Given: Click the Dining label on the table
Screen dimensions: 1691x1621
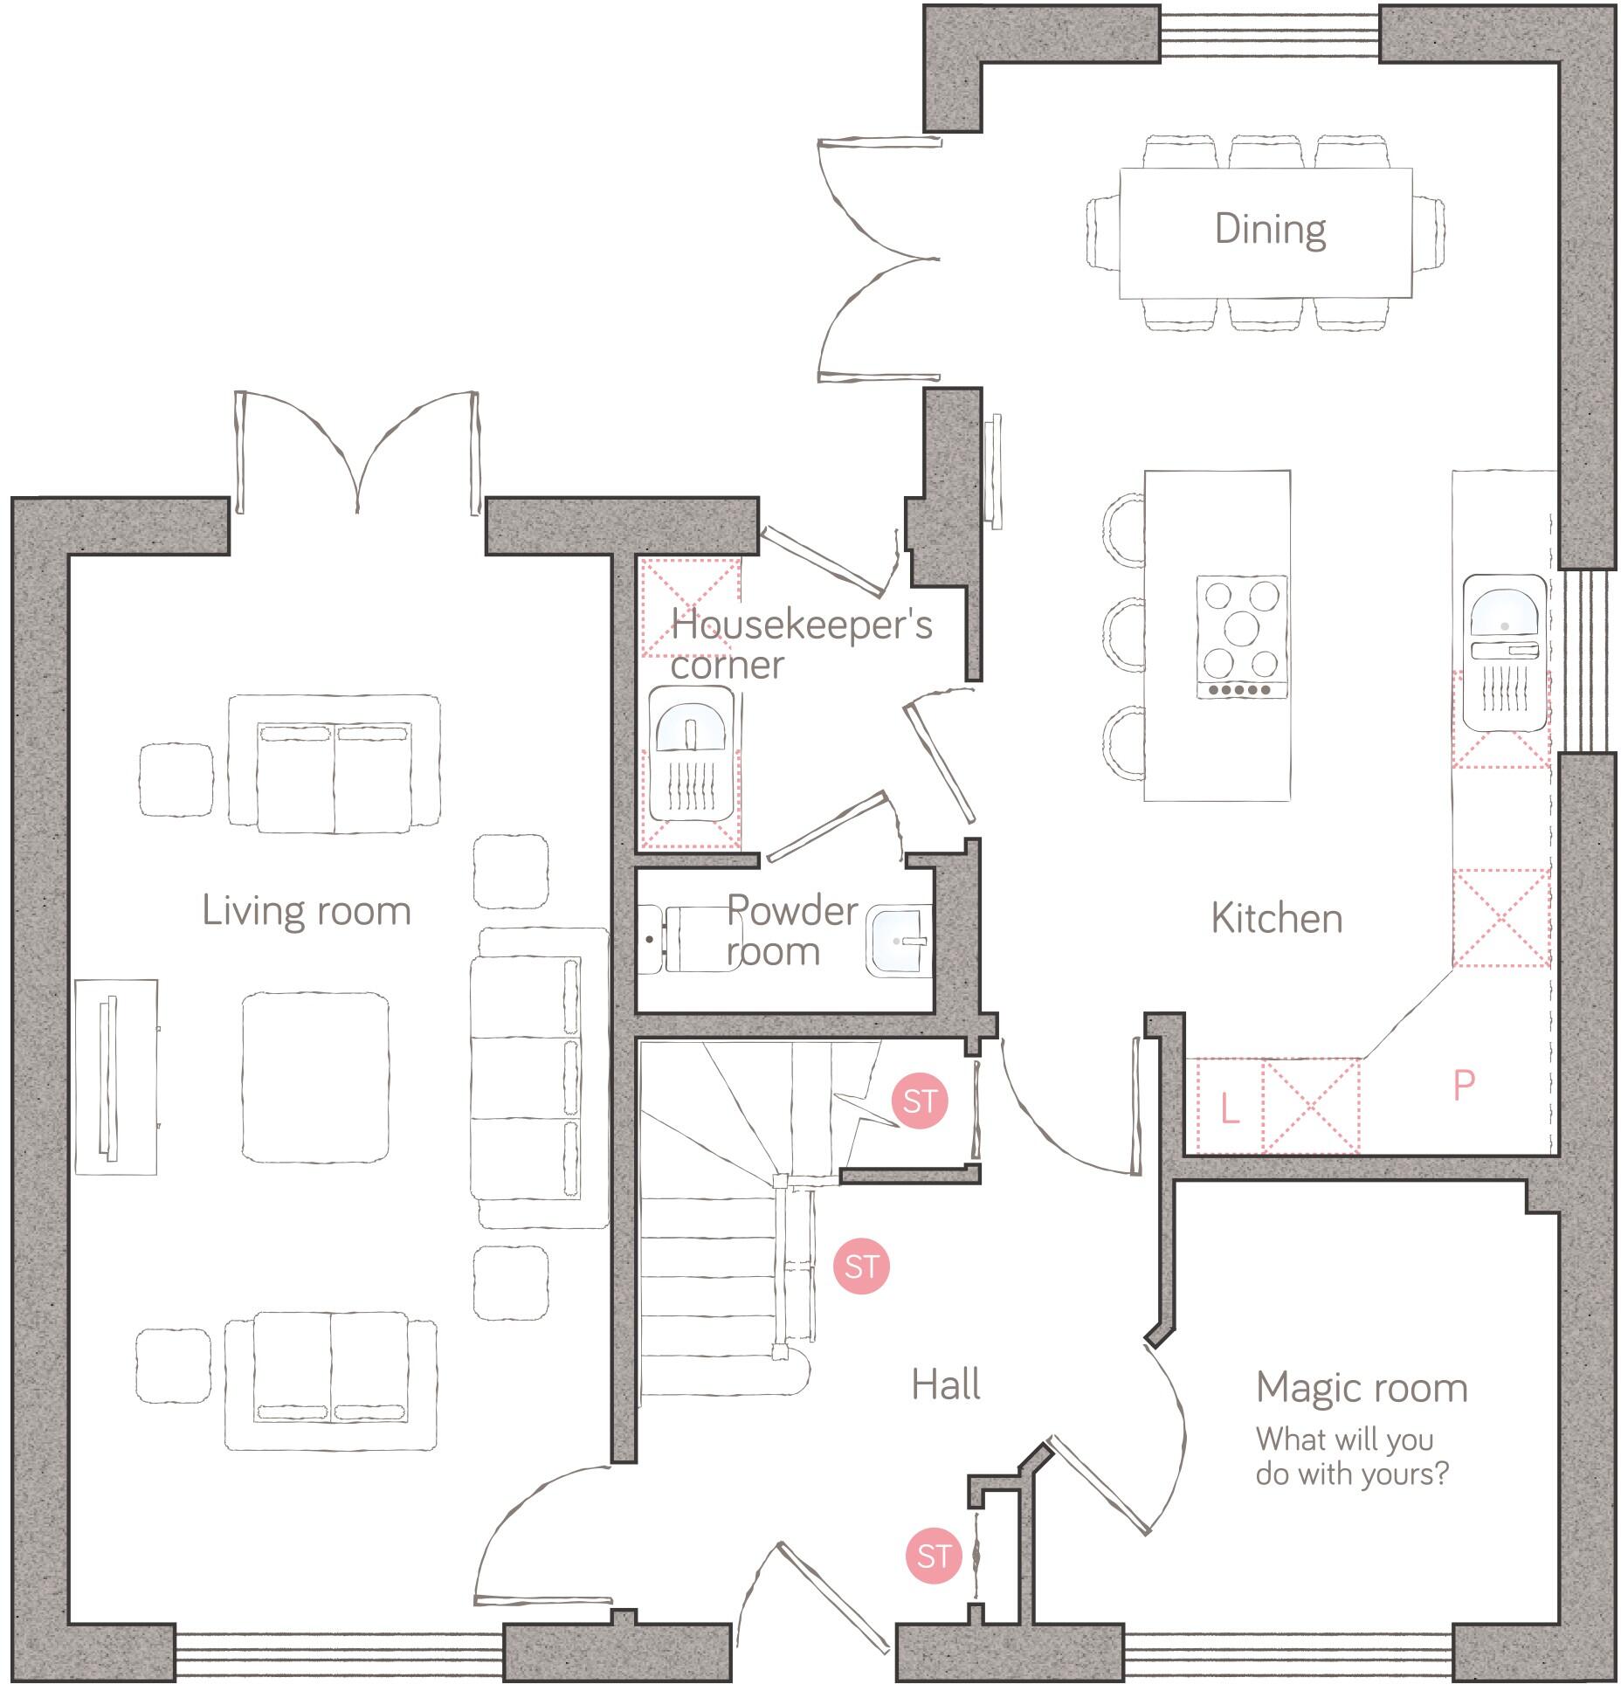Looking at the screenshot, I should pyautogui.click(x=1270, y=230).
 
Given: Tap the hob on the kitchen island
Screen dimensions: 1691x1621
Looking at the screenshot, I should pyautogui.click(x=1242, y=636).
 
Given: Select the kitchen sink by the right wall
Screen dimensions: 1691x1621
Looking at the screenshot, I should pyautogui.click(x=1504, y=651).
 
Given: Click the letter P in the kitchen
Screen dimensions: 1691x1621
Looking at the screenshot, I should pyautogui.click(x=1464, y=1086).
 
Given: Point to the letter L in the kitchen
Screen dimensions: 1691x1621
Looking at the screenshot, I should pyautogui.click(x=1229, y=1109).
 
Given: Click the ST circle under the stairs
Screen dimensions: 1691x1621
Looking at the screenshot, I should pyautogui.click(x=920, y=1101).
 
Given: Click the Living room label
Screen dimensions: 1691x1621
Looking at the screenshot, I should pyautogui.click(x=307, y=911).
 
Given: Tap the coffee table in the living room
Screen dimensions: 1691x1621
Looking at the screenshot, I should pyautogui.click(x=315, y=1076).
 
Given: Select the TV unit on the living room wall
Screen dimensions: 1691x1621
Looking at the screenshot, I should pyautogui.click(x=114, y=1076).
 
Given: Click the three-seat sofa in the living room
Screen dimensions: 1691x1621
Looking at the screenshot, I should pyautogui.click(x=537, y=1078).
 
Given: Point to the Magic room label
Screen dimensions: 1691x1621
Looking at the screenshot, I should pyautogui.click(x=1361, y=1388).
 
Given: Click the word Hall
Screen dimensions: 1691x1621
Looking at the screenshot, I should pyautogui.click(x=946, y=1385).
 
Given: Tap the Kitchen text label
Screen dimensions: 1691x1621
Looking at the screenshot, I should pyautogui.click(x=1276, y=919).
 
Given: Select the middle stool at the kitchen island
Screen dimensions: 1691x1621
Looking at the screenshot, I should pyautogui.click(x=1124, y=635).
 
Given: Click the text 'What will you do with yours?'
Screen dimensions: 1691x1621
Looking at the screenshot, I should pyautogui.click(x=1351, y=1456).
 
